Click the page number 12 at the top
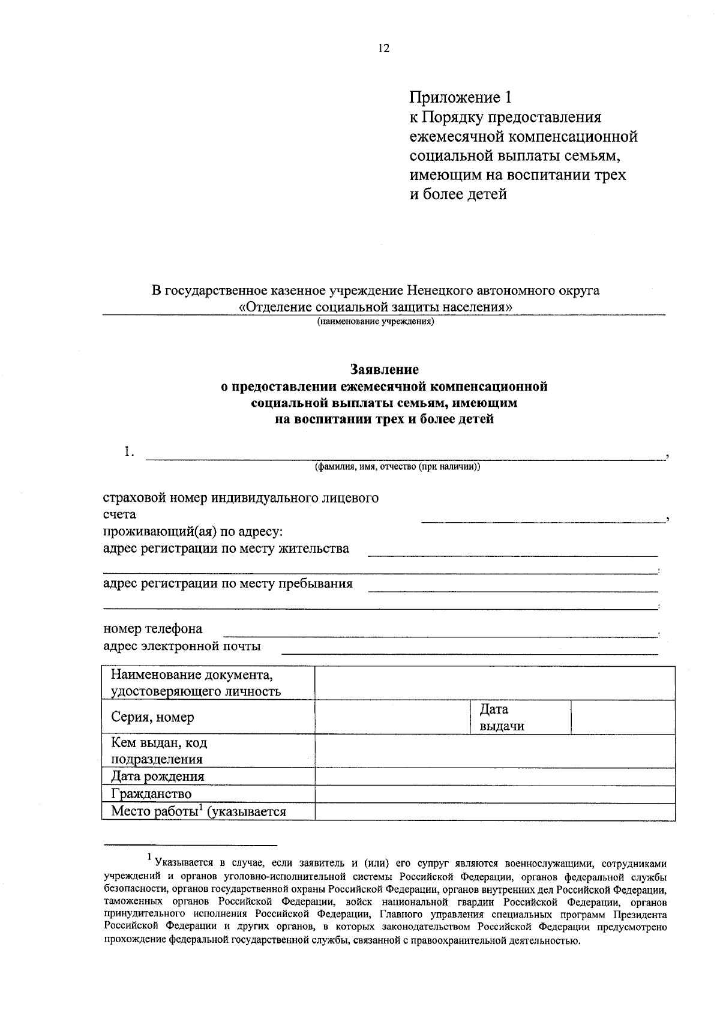(x=383, y=49)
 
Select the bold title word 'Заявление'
(x=384, y=370)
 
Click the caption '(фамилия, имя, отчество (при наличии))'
(x=398, y=466)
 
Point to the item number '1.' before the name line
(x=129, y=452)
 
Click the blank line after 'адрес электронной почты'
(x=470, y=652)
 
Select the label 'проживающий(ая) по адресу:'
(x=193, y=532)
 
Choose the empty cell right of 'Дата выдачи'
(x=623, y=717)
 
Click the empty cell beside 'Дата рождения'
(x=495, y=777)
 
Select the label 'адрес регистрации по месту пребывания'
(x=228, y=583)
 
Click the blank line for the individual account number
(x=542, y=520)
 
